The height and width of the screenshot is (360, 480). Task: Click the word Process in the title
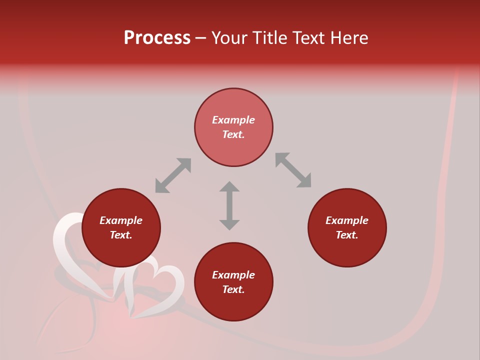point(157,38)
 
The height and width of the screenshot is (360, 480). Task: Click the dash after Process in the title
point(200,39)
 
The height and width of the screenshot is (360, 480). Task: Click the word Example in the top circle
point(233,120)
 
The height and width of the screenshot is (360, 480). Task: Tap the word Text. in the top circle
point(233,134)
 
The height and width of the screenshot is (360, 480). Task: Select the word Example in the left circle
point(121,220)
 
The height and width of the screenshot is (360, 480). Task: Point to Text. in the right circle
point(347,235)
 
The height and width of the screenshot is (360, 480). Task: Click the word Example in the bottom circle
point(233,275)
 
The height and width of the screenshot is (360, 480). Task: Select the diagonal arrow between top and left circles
point(173,175)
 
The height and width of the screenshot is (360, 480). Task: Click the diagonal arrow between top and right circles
point(293,170)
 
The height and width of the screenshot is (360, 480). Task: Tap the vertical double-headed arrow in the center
point(229,205)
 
